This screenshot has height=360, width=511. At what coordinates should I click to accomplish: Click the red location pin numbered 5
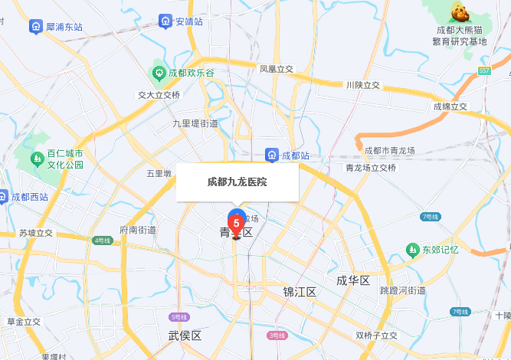pyautogui.click(x=237, y=224)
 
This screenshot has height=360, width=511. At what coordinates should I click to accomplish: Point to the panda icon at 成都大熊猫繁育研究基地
pyautogui.click(x=459, y=13)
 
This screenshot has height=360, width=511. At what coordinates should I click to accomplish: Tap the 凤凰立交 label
pyautogui.click(x=276, y=69)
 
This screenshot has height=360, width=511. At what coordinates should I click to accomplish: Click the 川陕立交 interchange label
pyautogui.click(x=362, y=85)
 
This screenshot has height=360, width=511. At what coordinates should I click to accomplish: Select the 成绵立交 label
pyautogui.click(x=450, y=106)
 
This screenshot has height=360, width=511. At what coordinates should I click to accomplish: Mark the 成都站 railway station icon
pyautogui.click(x=271, y=155)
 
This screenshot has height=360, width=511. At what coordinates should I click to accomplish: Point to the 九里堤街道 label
pyautogui.click(x=195, y=123)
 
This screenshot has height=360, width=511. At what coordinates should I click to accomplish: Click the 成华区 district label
pyautogui.click(x=353, y=280)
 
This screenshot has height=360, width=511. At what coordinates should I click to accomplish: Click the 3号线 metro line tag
pyautogui.click(x=277, y=335)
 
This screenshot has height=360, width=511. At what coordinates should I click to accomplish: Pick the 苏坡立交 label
pyautogui.click(x=36, y=233)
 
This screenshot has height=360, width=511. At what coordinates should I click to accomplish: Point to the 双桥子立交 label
pyautogui.click(x=376, y=335)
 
